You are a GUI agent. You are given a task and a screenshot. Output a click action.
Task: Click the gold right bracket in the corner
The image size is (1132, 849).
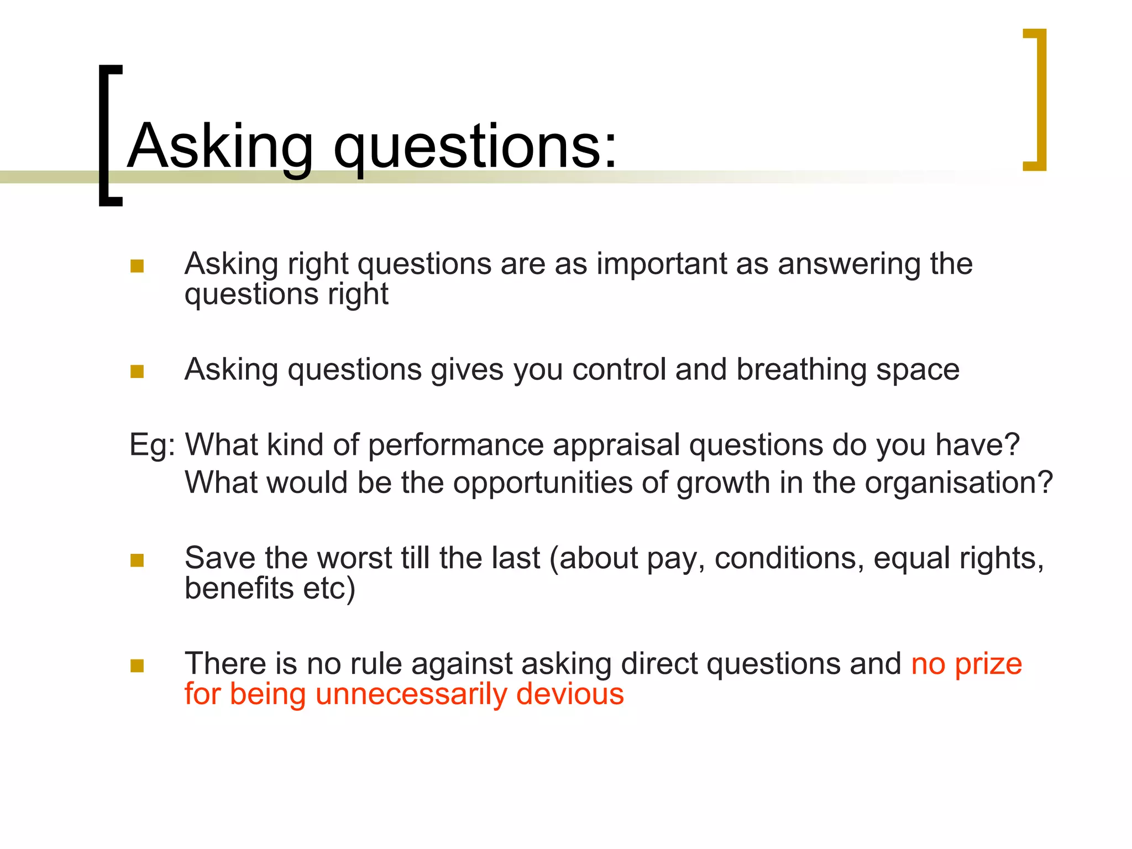(x=1040, y=99)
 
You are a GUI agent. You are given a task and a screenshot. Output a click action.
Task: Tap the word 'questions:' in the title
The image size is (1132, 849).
(x=475, y=146)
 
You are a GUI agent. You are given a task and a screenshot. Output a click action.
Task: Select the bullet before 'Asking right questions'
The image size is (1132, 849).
(x=137, y=266)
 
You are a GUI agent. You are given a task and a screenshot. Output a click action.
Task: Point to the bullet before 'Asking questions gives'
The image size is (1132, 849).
(x=137, y=371)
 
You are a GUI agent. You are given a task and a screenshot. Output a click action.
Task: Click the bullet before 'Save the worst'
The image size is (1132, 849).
(x=137, y=560)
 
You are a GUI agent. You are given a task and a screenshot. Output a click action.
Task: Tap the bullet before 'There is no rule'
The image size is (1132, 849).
(x=137, y=665)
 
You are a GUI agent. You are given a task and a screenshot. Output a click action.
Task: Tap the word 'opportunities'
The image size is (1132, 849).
(x=543, y=483)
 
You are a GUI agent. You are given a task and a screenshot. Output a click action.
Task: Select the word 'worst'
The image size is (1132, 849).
(x=354, y=558)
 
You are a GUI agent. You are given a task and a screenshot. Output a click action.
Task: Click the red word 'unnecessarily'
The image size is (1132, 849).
(x=411, y=694)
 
